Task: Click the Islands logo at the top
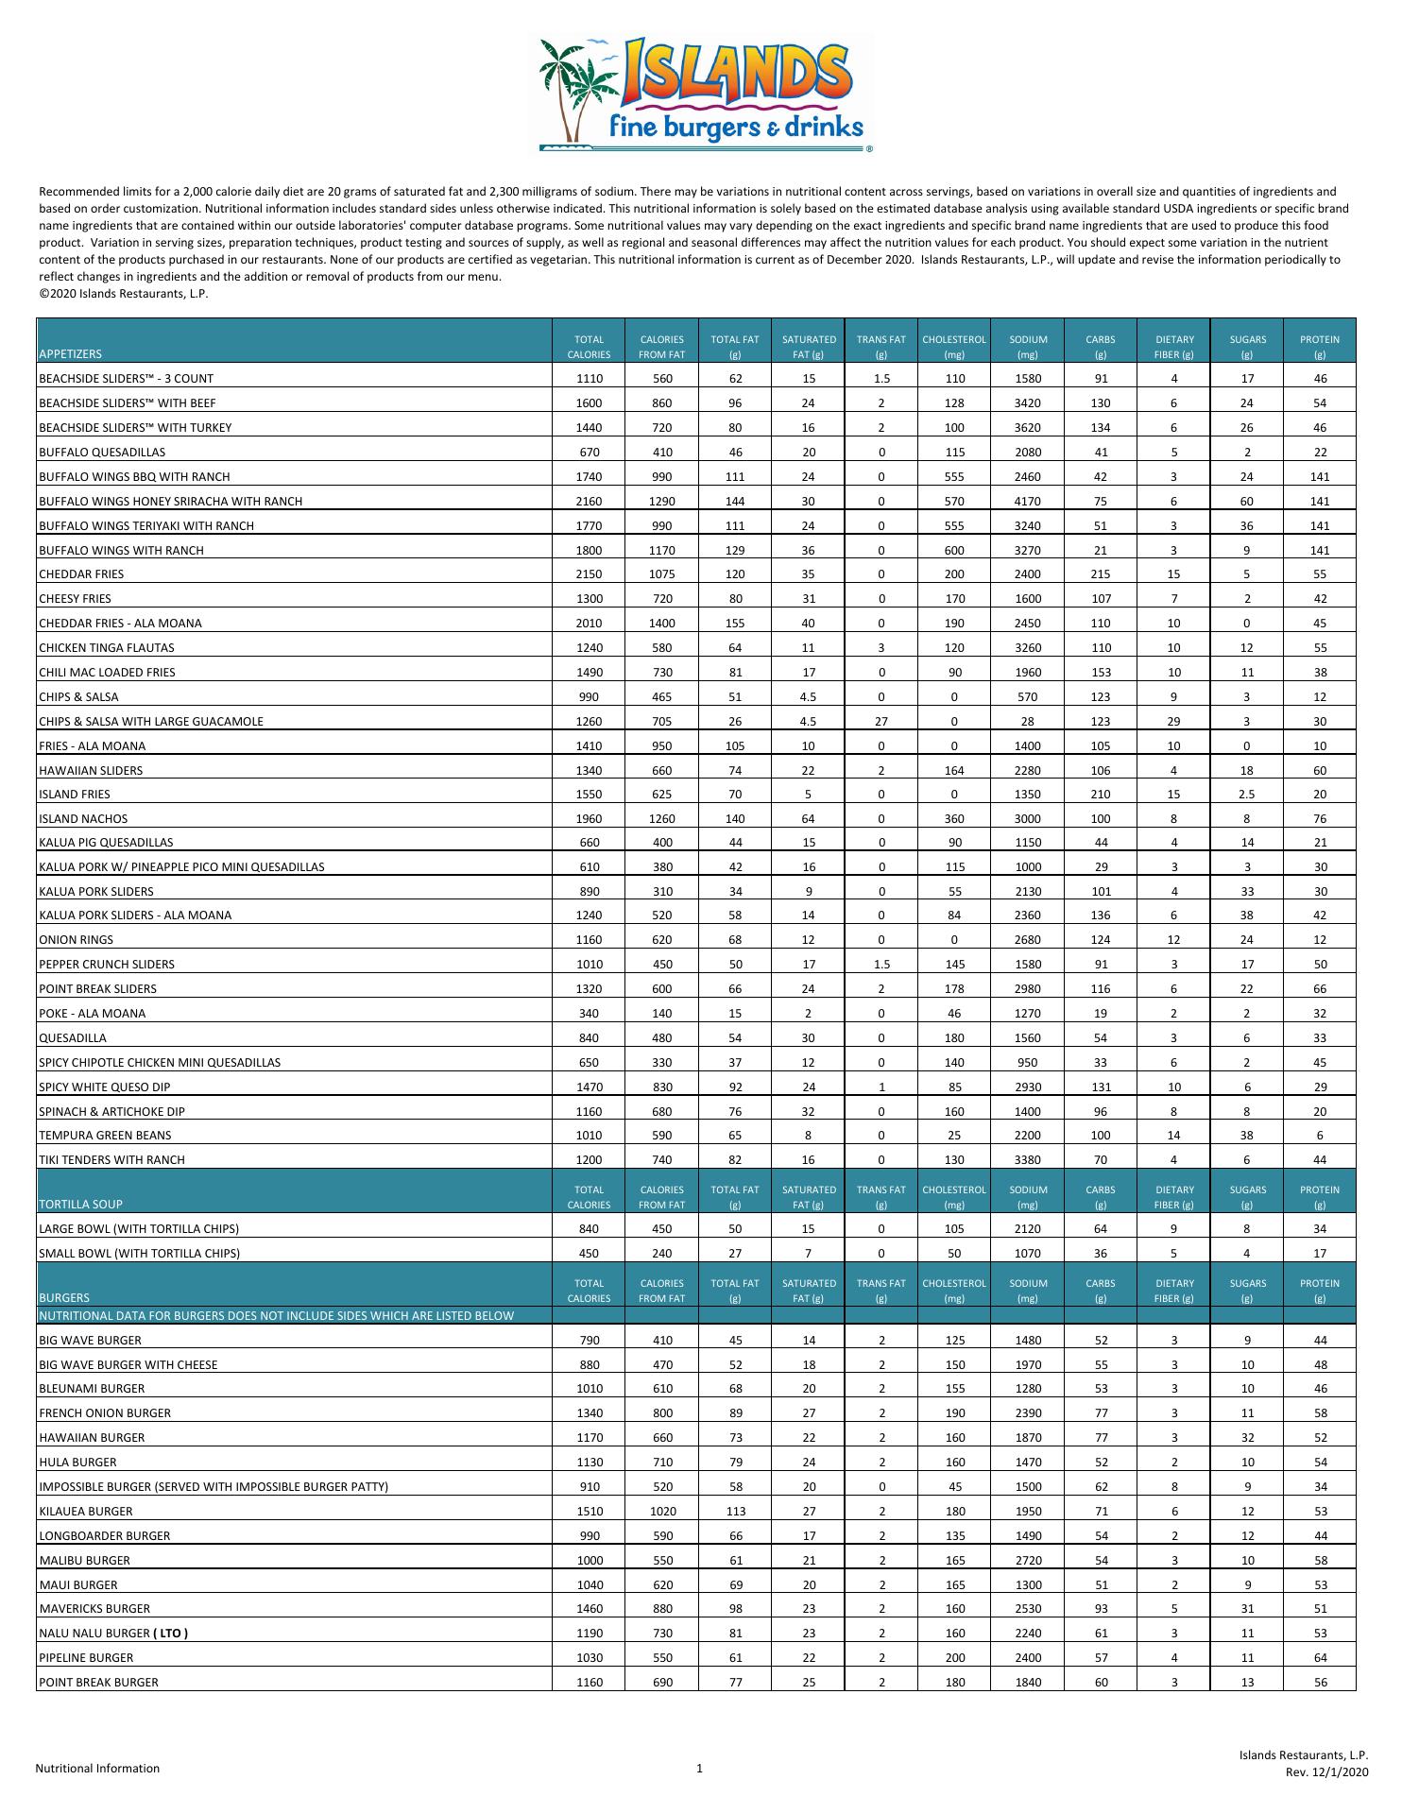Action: point(704,94)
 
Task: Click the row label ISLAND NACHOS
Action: point(83,819)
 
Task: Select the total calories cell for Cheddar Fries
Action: point(589,574)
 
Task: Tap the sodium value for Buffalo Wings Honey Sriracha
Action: point(1028,502)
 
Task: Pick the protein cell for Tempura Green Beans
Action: point(1320,1136)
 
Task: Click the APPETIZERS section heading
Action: point(70,354)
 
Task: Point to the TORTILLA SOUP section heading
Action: point(80,1205)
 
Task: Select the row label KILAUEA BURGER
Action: point(86,1512)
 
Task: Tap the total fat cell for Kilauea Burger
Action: point(735,1512)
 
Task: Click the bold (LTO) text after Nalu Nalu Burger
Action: point(170,1634)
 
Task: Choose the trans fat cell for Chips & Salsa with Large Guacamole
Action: point(881,722)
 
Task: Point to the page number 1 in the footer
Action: point(699,1769)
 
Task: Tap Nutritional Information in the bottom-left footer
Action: point(97,1769)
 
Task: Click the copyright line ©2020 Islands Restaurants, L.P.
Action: point(123,294)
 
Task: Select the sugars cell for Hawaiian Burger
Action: point(1247,1438)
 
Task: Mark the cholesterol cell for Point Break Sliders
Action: point(954,989)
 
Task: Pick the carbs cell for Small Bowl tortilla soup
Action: point(1101,1254)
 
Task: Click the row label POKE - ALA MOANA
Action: point(93,1014)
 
